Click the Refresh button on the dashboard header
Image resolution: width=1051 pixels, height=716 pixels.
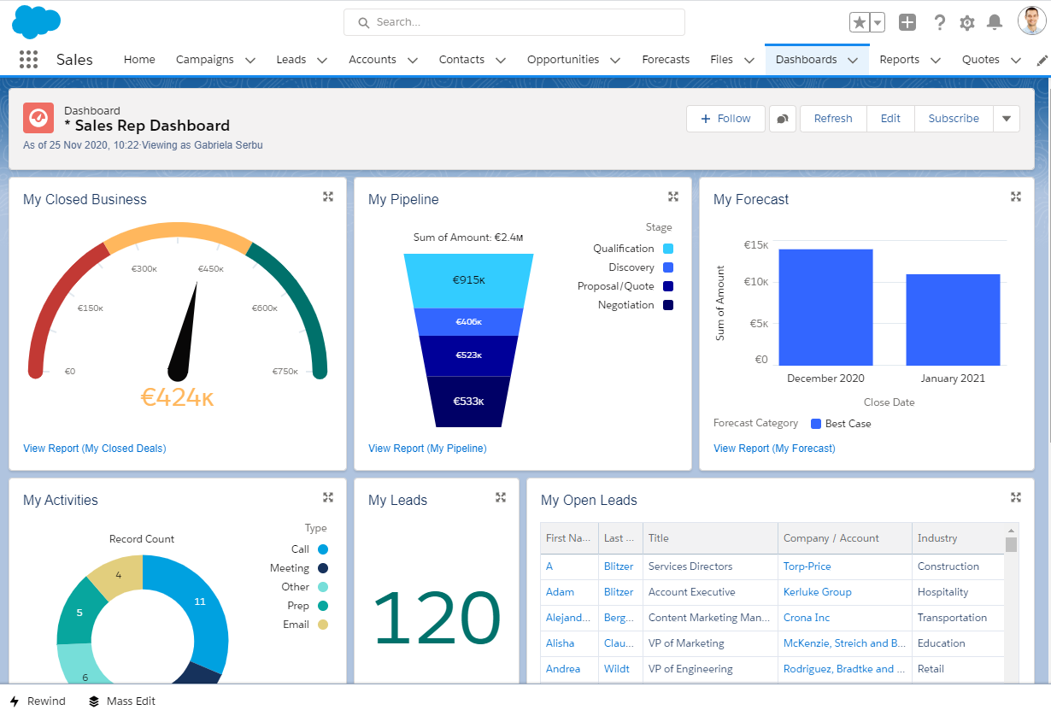(x=832, y=119)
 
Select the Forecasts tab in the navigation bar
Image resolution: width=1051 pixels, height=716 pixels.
(x=666, y=60)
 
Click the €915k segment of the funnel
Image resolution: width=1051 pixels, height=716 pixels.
(x=469, y=280)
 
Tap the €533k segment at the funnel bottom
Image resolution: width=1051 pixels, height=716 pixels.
(x=468, y=401)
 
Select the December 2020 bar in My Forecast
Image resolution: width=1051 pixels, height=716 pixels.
(x=825, y=308)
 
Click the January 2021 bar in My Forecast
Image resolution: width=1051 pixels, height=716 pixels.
(x=953, y=320)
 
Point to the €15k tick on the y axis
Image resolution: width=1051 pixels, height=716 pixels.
(x=755, y=245)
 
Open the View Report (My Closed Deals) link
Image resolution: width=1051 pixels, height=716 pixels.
(x=95, y=449)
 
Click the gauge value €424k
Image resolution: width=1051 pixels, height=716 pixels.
(x=177, y=396)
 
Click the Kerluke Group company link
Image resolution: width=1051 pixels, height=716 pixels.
(x=817, y=592)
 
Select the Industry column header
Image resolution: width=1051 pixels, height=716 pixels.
(x=937, y=538)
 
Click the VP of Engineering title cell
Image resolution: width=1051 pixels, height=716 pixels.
(x=690, y=669)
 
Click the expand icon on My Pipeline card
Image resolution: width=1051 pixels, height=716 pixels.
(x=673, y=197)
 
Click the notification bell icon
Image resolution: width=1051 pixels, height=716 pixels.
(x=995, y=22)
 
